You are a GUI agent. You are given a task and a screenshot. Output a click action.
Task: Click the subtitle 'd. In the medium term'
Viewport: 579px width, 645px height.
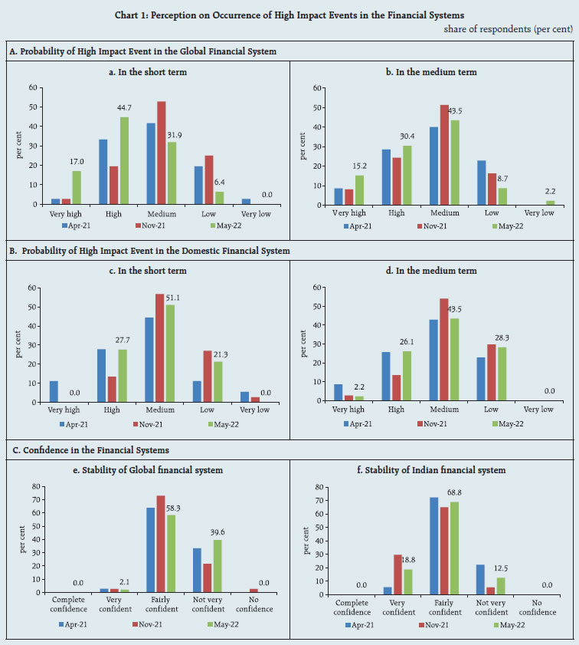coord(433,271)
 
